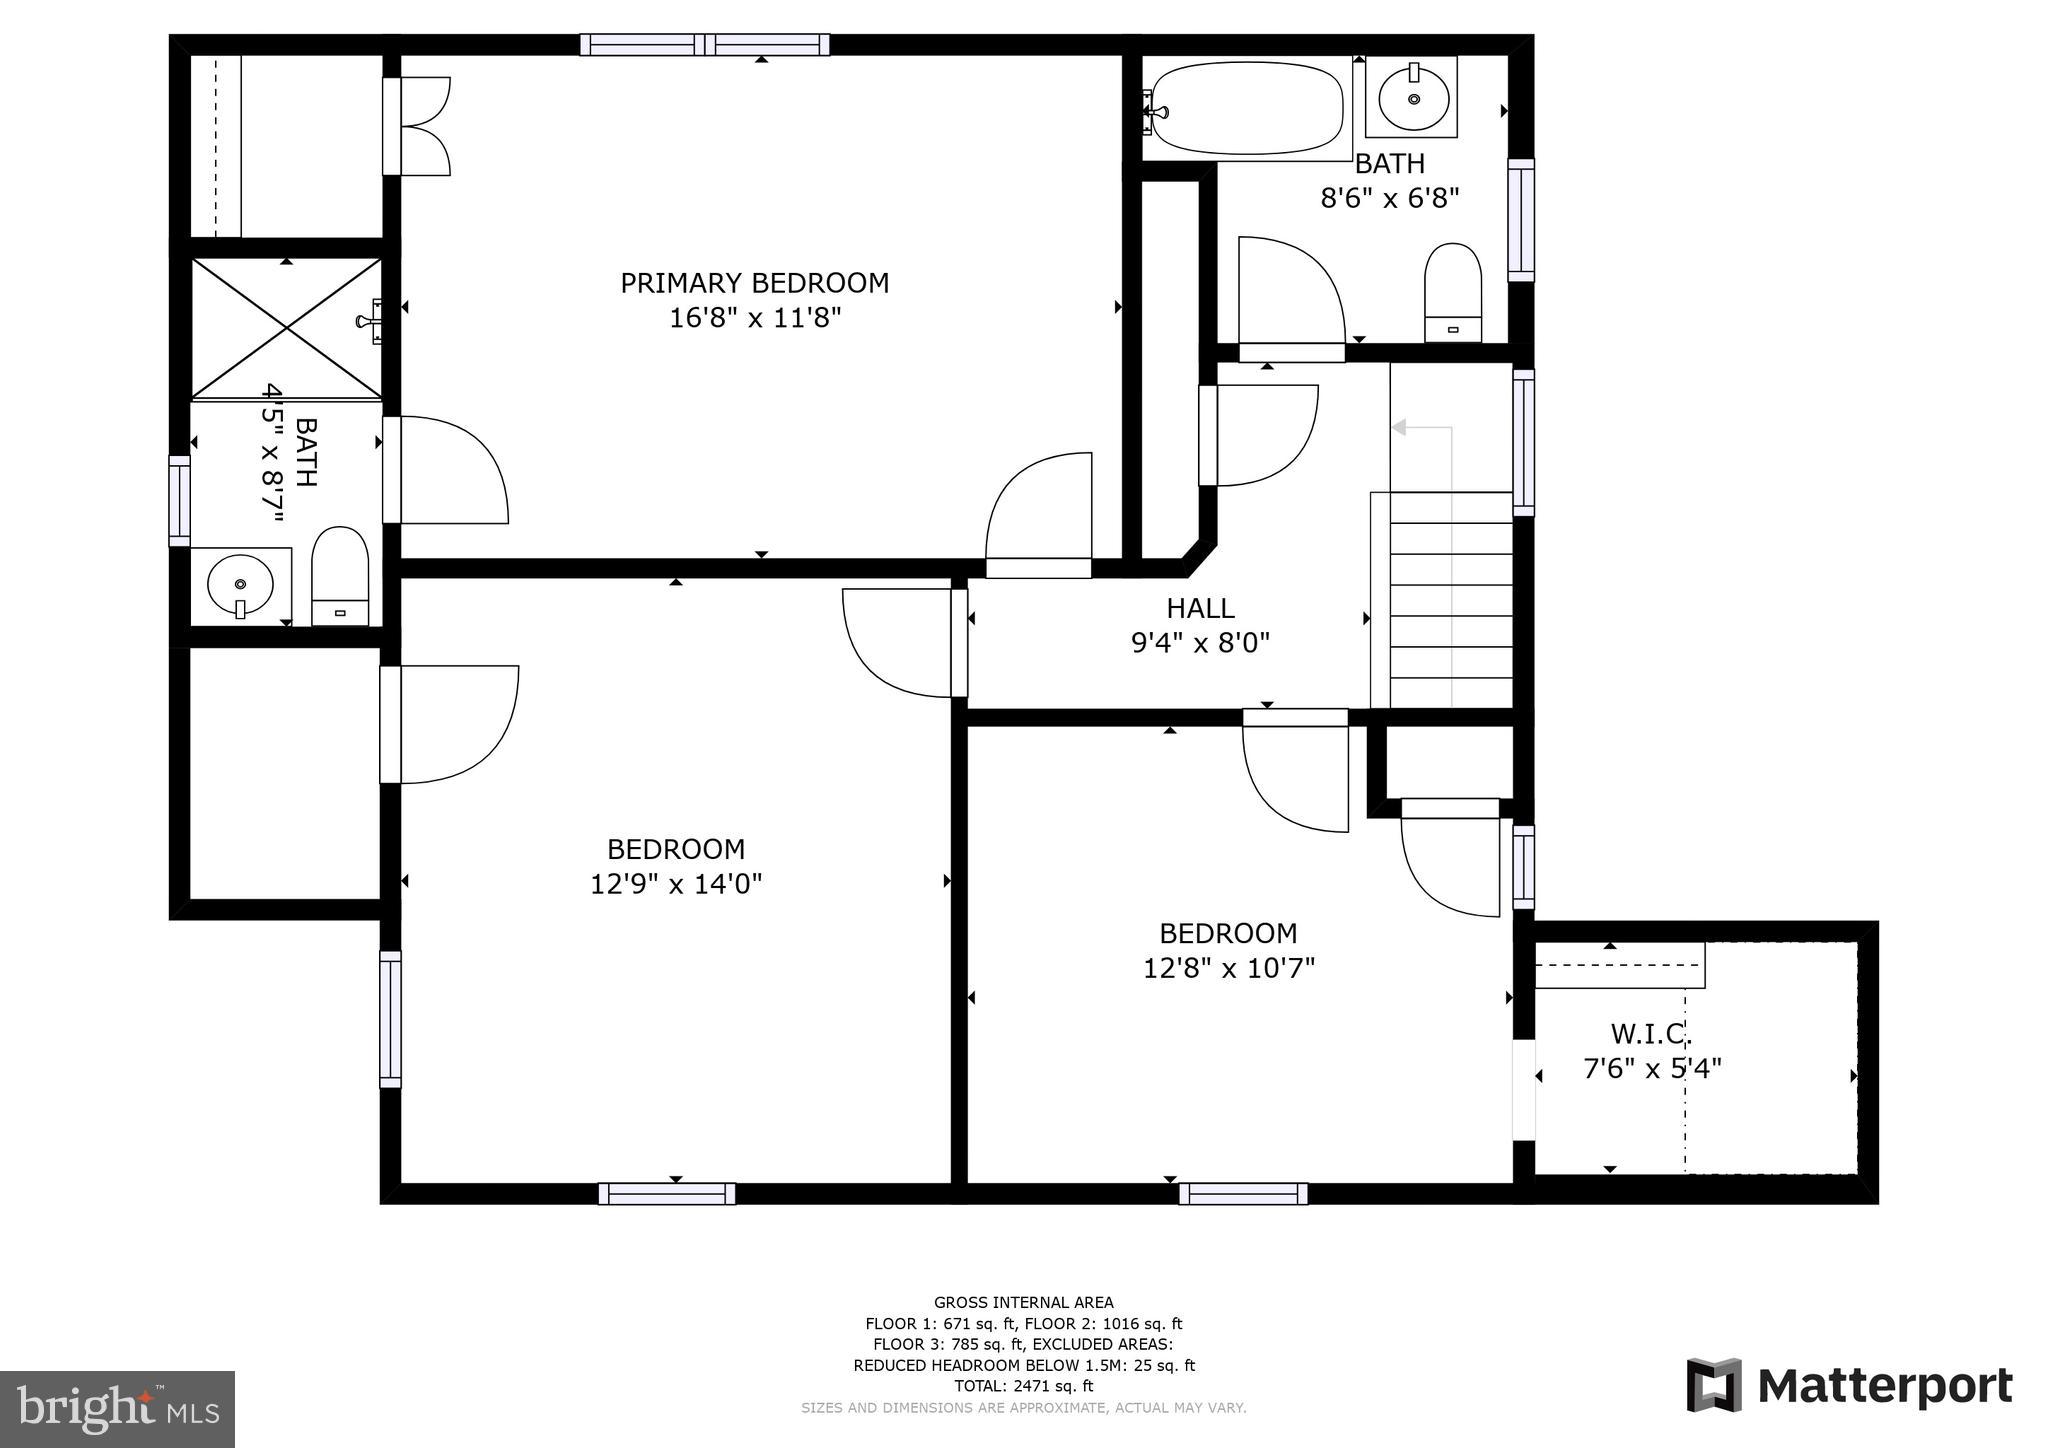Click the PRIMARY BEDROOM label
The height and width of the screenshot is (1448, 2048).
coord(755,284)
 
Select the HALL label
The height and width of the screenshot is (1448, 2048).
coord(1200,608)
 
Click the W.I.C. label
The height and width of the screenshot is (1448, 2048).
coord(1651,1033)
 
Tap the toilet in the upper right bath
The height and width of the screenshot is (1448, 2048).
coord(1453,292)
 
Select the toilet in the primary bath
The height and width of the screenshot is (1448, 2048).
coord(340,576)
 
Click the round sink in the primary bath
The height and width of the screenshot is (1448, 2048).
coord(240,584)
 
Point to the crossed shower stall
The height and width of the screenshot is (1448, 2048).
coord(286,328)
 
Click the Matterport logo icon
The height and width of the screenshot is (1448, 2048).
coord(1715,1385)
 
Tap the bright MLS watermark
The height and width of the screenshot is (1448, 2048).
coord(117,1409)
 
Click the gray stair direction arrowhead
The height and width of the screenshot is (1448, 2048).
coord(1399,428)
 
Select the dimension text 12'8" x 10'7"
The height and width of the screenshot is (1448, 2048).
coord(1229,969)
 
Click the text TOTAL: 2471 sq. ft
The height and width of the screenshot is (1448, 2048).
coord(1024,1386)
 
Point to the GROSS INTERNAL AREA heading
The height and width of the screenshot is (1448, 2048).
coord(1024,1302)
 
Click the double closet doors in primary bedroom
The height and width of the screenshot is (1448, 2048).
coord(418,127)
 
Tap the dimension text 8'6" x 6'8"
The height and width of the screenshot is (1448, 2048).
coord(1390,198)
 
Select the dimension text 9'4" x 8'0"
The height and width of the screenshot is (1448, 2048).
coord(1200,643)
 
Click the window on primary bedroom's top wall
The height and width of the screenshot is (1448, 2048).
coord(705,45)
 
